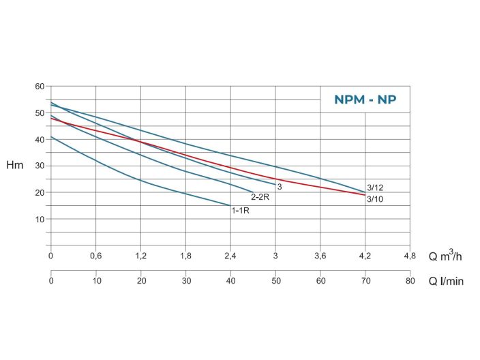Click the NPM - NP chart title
coord(365,100)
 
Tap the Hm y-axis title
coord(14,166)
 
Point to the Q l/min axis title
coord(446,281)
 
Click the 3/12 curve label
coord(375,187)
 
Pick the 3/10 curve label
coord(375,199)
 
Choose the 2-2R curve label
coord(260,198)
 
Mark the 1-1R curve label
coord(240,211)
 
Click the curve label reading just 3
coord(280,187)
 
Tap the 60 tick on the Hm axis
coord(40,87)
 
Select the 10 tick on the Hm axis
coord(40,219)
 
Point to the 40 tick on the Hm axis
coord(40,139)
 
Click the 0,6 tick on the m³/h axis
coord(95,256)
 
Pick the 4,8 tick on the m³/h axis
coord(409,256)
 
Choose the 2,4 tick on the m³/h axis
coord(230,256)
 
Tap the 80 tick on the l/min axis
coord(409,281)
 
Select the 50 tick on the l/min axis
coord(275,281)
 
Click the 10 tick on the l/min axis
coord(95,281)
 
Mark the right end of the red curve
coord(365,195)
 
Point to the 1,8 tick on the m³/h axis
coord(185,256)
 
